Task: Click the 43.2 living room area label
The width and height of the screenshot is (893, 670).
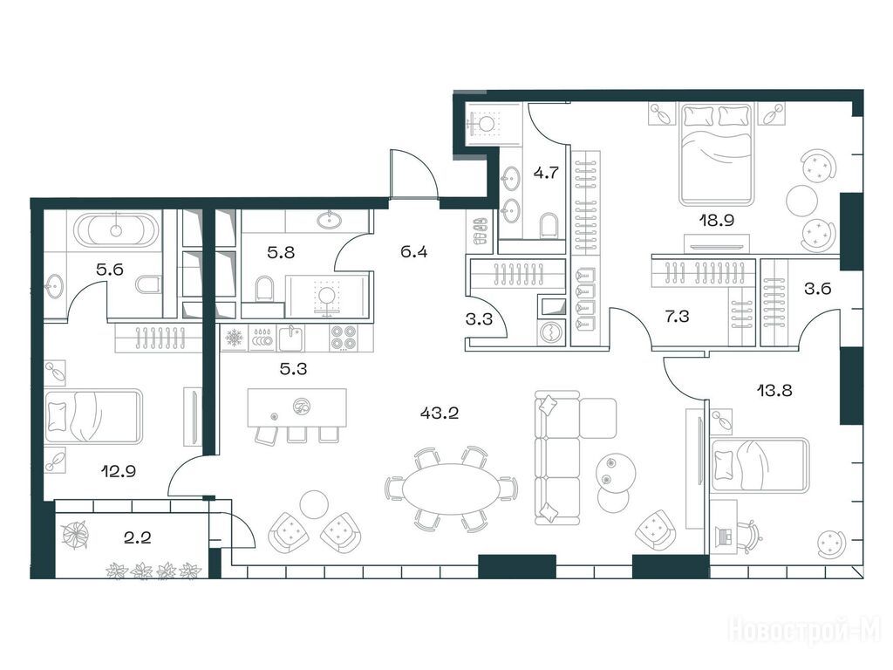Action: point(440,413)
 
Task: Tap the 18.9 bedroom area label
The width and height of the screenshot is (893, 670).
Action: point(717,220)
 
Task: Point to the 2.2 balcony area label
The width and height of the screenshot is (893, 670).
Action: point(137,537)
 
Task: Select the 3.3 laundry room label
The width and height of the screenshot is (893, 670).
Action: point(479,319)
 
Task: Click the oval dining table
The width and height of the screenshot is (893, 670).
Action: point(452,489)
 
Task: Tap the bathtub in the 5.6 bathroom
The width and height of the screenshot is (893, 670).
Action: point(116,229)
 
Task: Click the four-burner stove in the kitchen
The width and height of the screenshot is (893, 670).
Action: point(344,338)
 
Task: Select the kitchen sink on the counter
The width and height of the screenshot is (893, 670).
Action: point(291,338)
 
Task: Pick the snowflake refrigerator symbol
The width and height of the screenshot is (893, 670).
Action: point(234,338)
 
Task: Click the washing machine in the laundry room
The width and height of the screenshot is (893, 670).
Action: point(551,333)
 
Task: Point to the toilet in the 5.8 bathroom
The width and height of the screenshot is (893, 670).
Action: point(263,288)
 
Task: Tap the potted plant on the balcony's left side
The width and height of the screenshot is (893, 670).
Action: point(75,535)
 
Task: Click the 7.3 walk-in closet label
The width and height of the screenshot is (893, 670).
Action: point(677,316)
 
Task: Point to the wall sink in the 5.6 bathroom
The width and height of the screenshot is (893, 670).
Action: point(55,284)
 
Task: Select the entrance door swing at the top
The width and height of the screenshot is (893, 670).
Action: point(414,174)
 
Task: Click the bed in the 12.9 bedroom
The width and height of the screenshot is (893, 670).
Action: point(92,416)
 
